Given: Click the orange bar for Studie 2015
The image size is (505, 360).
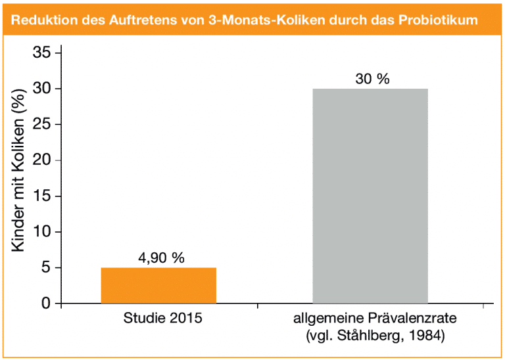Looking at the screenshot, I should click(x=158, y=286).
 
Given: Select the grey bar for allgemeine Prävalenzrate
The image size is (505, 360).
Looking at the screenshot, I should click(x=370, y=196).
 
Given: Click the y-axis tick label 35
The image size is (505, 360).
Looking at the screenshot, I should click(x=41, y=53).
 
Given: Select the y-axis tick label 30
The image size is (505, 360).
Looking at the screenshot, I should click(x=41, y=89).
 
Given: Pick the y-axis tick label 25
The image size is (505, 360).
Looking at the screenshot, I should click(x=41, y=125).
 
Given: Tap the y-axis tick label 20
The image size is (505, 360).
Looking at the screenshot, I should click(x=41, y=160).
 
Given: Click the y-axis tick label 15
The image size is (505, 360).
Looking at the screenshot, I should click(x=41, y=196).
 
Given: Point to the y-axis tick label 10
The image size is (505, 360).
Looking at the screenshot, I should click(x=41, y=232).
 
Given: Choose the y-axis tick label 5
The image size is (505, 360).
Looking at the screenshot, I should click(x=45, y=268).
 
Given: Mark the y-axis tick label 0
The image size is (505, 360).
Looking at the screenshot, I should click(x=45, y=304).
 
